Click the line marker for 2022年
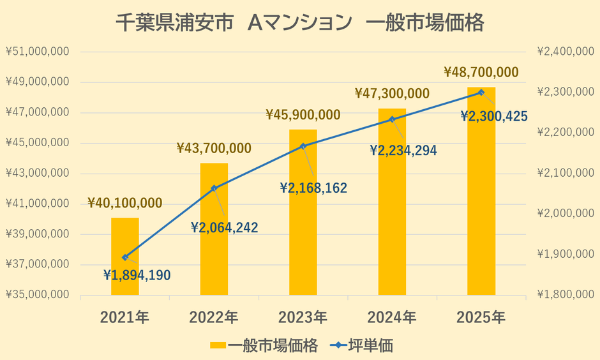tap(214, 188)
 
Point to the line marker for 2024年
tap(393, 119)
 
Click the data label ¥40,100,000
tap(125, 203)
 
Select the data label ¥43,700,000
tap(214, 148)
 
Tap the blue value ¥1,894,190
tap(137, 275)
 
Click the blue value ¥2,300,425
tap(494, 116)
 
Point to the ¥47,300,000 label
tap(392, 94)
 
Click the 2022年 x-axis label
tap(214, 317)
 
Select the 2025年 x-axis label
tap(481, 317)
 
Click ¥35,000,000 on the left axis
tap(38, 295)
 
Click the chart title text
tap(300, 23)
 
